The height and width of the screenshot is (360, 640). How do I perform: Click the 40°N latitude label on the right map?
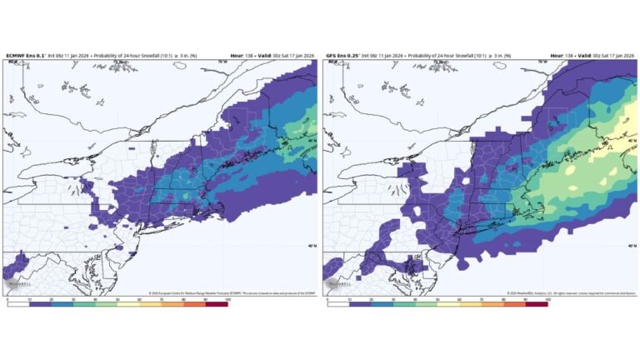pyautogui.click(x=629, y=246)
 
